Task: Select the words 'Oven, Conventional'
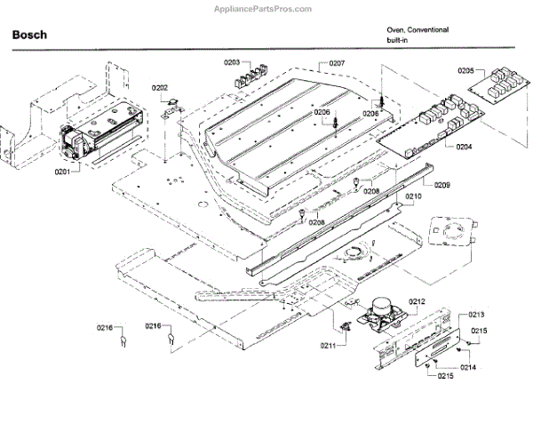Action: (x=417, y=29)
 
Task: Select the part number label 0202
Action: (x=160, y=87)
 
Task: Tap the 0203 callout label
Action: (x=232, y=63)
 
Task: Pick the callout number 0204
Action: (x=465, y=148)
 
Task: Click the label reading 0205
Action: (x=466, y=70)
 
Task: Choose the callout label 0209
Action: (x=442, y=185)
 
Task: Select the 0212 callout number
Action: (x=418, y=301)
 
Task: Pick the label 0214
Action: (x=468, y=367)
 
